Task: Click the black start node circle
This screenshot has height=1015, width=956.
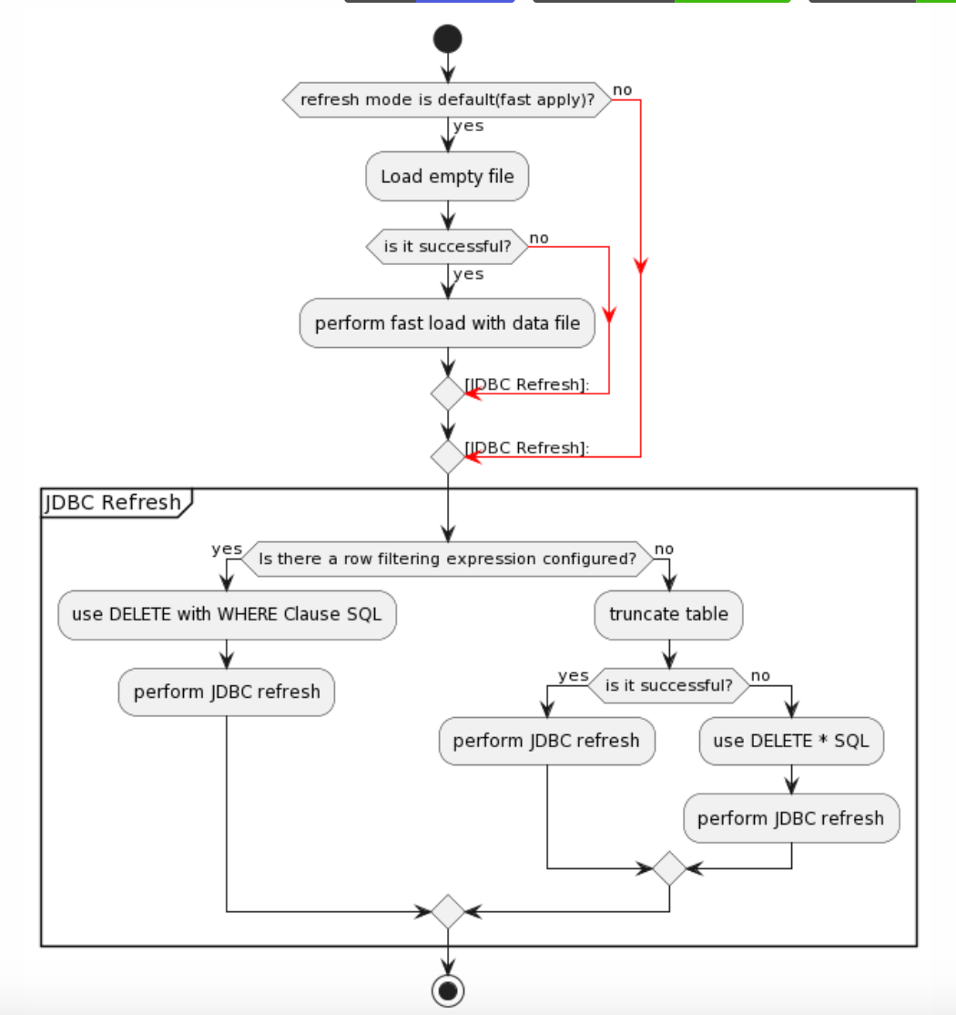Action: coord(448,38)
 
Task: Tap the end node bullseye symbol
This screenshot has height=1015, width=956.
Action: coord(448,990)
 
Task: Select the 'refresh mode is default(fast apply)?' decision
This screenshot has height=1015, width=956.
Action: coord(446,99)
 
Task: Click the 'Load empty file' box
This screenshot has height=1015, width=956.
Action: coord(447,177)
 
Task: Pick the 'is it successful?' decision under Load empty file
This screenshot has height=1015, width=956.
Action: coord(447,246)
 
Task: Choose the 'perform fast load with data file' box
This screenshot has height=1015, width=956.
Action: coord(447,323)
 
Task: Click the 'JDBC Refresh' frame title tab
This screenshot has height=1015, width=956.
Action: coord(115,502)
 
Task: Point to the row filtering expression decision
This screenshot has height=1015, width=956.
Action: coord(447,559)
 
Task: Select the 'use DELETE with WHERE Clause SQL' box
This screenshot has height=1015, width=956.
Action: coord(227,614)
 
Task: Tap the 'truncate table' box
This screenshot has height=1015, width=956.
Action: coord(668,614)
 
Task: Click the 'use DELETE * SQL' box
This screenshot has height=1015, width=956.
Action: coord(790,741)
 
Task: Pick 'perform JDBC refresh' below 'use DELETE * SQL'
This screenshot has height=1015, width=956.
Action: coord(790,818)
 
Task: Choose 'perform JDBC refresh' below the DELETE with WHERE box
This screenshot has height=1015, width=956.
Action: coord(227,692)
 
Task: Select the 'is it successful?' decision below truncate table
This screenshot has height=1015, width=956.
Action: coord(668,685)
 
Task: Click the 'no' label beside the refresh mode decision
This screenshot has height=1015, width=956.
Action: coord(622,89)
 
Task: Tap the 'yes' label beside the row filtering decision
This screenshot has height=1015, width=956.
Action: coord(227,549)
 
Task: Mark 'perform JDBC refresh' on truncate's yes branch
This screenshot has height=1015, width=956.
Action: coord(546,741)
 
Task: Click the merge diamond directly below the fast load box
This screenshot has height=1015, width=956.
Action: coord(448,394)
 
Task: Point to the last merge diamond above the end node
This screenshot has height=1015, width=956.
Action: coord(448,911)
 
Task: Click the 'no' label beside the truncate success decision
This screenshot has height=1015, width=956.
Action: coord(760,675)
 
